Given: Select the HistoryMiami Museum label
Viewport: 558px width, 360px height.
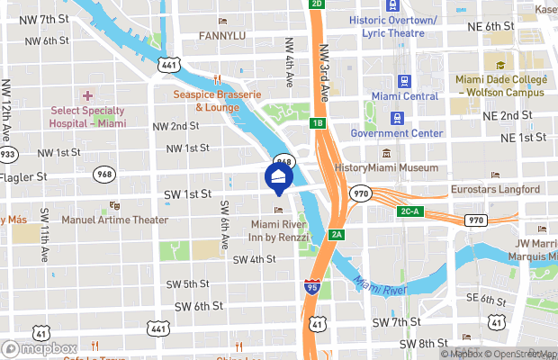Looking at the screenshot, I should coord(385,167).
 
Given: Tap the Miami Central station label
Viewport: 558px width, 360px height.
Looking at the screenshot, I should coord(404,96).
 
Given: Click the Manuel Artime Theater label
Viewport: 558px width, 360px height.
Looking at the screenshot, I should coord(114,219).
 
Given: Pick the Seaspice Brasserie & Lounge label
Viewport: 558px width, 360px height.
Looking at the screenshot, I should coord(219,101).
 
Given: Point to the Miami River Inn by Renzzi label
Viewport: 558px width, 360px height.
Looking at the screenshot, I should coord(279,230).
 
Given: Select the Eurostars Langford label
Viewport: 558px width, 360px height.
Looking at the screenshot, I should coord(495,189).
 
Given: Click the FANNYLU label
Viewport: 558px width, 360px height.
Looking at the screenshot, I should coord(222,36).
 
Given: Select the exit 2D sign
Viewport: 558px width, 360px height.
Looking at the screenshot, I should coord(316,4).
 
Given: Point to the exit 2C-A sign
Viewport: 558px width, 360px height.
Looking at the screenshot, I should coord(409,211).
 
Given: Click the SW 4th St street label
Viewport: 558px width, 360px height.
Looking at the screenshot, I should coord(254,260).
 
